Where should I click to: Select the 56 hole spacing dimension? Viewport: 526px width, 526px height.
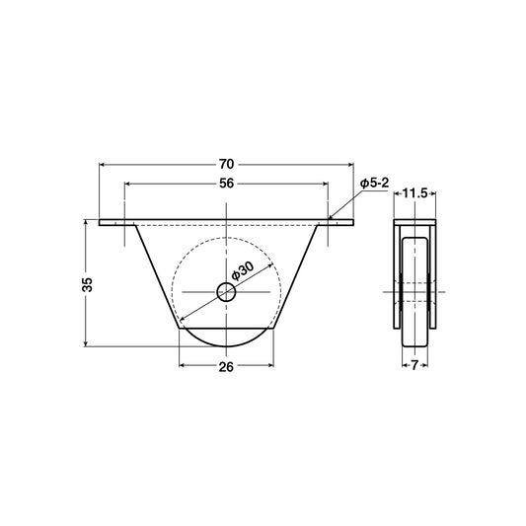(226, 183)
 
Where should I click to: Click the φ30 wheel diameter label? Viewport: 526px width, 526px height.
(244, 270)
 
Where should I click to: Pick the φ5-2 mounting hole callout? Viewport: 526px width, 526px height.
(377, 184)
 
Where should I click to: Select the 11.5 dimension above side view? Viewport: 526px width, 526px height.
(414, 194)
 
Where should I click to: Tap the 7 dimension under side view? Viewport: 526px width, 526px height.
(414, 364)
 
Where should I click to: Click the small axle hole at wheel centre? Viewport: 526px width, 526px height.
(226, 291)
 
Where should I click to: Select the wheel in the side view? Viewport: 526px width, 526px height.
(414, 291)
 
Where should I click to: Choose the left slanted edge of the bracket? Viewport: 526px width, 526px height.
(157, 276)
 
